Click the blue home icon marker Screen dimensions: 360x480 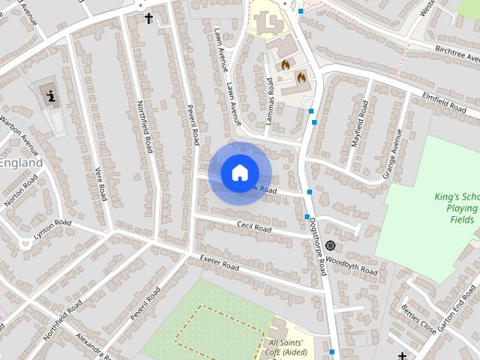tap(238, 172)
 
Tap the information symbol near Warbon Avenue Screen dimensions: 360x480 tap(50, 96)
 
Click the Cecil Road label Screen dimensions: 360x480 tap(253, 226)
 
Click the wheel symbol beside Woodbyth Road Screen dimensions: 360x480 tap(330, 245)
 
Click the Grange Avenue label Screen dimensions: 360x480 tap(392, 153)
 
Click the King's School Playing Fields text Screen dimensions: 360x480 tap(457, 208)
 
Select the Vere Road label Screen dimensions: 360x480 tap(99, 183)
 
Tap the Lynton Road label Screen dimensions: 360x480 tap(52, 228)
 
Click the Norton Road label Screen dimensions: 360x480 tap(20, 190)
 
